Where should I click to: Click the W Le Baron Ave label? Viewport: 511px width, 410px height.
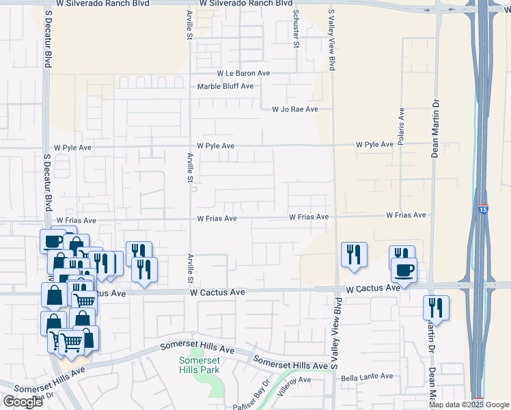coord(244,73)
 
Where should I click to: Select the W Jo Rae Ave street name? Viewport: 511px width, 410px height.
coord(295,109)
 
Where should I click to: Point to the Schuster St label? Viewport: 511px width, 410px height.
coord(296,29)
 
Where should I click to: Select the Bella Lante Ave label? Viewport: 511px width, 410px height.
coord(367,377)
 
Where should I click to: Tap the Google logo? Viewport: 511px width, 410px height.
coord(22,402)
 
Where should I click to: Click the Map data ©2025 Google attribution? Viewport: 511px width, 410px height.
coord(469,405)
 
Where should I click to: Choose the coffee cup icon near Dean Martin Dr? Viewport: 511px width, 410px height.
coord(404,270)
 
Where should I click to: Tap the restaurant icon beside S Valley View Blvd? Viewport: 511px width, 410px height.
coord(354,254)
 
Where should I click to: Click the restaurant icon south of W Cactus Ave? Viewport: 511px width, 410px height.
coord(435,307)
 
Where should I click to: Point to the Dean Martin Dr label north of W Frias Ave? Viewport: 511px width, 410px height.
coord(434,128)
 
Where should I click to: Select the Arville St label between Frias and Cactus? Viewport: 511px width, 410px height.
coord(191,269)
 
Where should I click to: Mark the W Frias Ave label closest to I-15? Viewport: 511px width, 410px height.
coord(406,215)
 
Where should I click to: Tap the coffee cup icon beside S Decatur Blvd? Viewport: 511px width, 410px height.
coord(53,241)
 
